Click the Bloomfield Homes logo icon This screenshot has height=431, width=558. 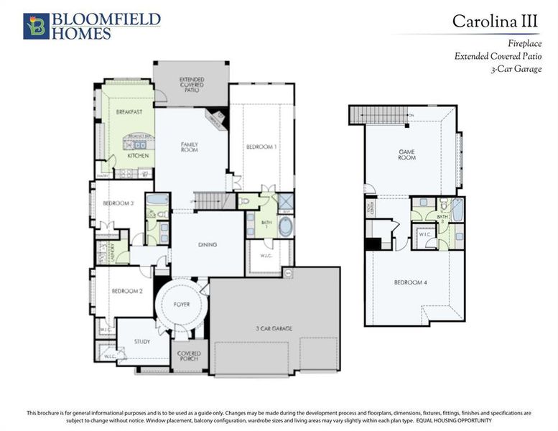pyautogui.click(x=35, y=25)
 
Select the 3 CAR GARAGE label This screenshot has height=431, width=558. pyautogui.click(x=274, y=328)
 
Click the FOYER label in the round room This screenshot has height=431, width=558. pyautogui.click(x=182, y=304)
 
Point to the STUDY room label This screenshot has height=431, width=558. pyautogui.click(x=142, y=341)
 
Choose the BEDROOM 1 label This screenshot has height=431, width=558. pyautogui.click(x=261, y=147)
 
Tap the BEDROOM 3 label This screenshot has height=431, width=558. pyautogui.click(x=118, y=203)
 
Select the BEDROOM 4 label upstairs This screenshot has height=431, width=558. pyautogui.click(x=411, y=282)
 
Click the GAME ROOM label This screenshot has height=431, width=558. pyautogui.click(x=407, y=154)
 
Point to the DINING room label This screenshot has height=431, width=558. pyautogui.click(x=208, y=244)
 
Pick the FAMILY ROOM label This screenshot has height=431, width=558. pyautogui.click(x=189, y=147)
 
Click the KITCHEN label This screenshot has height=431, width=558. pyautogui.click(x=138, y=155)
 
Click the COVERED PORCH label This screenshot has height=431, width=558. pyautogui.click(x=190, y=356)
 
